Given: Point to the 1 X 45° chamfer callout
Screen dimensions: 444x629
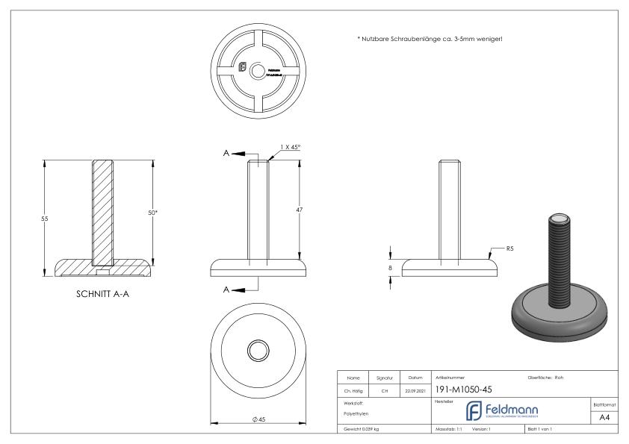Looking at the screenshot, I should pos(290,148).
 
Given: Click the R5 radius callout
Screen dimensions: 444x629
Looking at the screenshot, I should pos(510,248).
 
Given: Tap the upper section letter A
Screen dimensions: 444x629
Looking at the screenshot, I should pos(226,153).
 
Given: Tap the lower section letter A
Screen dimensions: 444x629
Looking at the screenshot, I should pos(226,288).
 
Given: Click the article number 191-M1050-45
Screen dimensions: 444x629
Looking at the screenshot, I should pos(463,390).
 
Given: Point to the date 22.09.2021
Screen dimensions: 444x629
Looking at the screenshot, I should pos(415,390).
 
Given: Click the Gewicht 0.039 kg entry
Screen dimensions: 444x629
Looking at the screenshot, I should pos(362,429).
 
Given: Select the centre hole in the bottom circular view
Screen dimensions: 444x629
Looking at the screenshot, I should pos(256,351).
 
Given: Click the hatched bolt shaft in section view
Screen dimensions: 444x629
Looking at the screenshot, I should pos(103,209).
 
